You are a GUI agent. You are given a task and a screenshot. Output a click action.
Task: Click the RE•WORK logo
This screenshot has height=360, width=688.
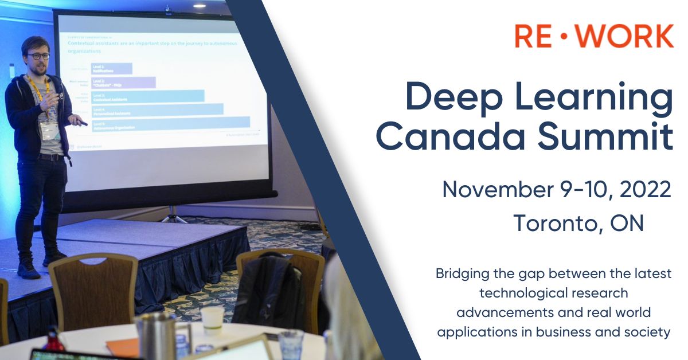[x=593, y=36]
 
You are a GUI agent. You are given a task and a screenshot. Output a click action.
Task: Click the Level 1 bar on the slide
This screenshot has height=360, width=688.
[x=111, y=69]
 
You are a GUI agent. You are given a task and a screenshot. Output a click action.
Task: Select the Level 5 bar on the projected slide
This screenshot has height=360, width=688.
[x=170, y=123]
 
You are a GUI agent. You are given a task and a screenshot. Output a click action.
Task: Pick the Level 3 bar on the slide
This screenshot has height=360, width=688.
[x=147, y=96]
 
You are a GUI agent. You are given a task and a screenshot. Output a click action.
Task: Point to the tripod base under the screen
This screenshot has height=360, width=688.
[x=171, y=217]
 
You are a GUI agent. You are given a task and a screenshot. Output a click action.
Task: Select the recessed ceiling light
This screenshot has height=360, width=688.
[x=199, y=5]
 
